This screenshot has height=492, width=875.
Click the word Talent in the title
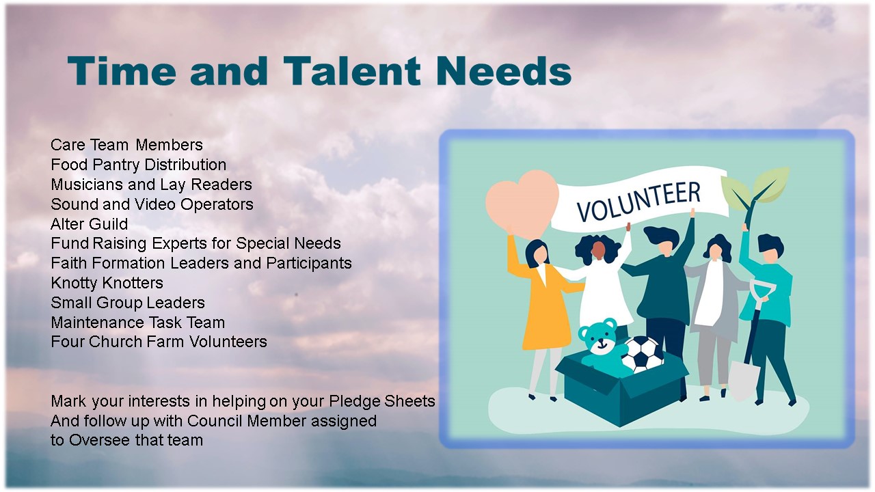pyautogui.click(x=351, y=70)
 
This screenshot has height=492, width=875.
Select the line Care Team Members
pyautogui.click(x=126, y=145)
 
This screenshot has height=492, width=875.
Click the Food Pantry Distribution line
pyautogui.click(x=139, y=165)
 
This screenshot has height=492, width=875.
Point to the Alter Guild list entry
pyautogui.click(x=89, y=223)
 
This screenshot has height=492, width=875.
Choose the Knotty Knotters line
pyautogui.click(x=107, y=283)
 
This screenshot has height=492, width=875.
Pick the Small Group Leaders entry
pyautogui.click(x=128, y=303)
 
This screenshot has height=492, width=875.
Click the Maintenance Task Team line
pyautogui.click(x=138, y=323)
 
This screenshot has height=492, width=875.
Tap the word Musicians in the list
pyautogui.click(x=87, y=184)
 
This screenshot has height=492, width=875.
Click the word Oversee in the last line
pyautogui.click(x=100, y=441)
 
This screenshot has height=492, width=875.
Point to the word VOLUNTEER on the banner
pyautogui.click(x=638, y=201)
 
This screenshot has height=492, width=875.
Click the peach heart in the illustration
pyautogui.click(x=522, y=203)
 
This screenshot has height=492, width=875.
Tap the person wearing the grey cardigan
pyautogui.click(x=715, y=312)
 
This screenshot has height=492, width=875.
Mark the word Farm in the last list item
pyautogui.click(x=167, y=342)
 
